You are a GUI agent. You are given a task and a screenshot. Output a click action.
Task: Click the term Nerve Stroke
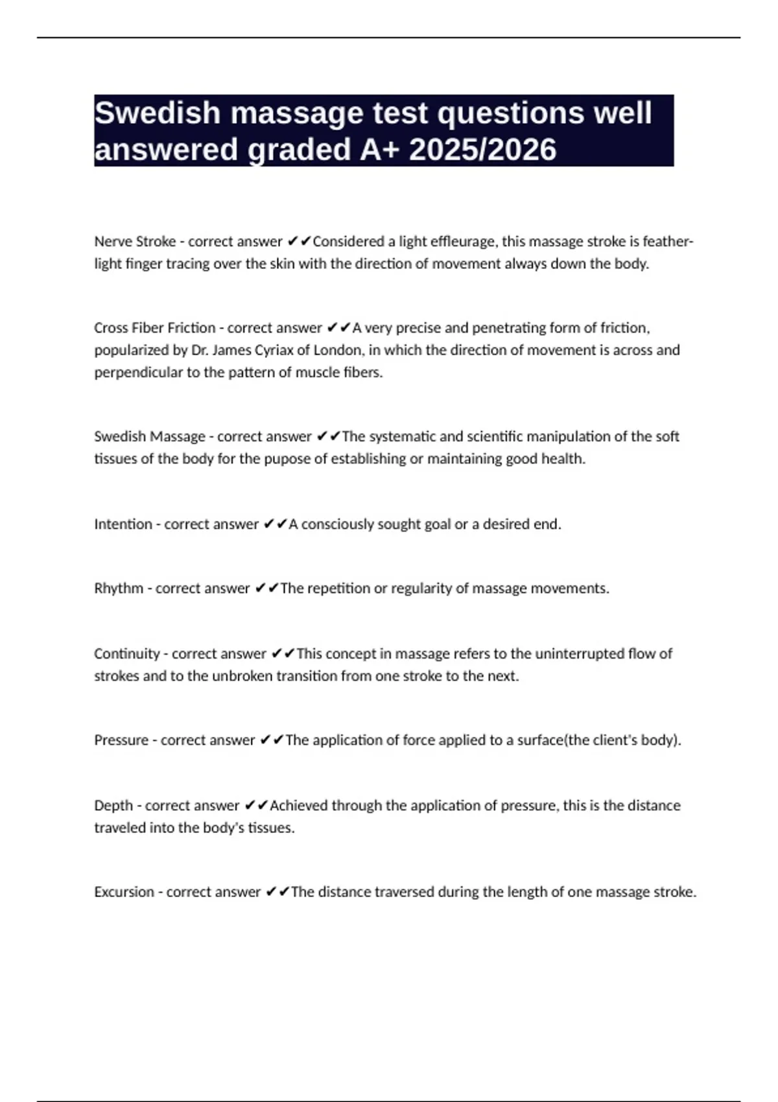coord(135,242)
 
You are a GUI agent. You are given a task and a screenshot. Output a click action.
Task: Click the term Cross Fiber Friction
coord(154,328)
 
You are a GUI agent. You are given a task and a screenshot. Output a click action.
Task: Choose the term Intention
coord(123,524)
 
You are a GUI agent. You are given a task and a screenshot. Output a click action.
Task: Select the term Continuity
coord(127,654)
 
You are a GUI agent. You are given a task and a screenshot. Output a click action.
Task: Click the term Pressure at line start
coord(121,740)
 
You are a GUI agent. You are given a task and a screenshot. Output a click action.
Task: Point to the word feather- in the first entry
coord(668,242)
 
